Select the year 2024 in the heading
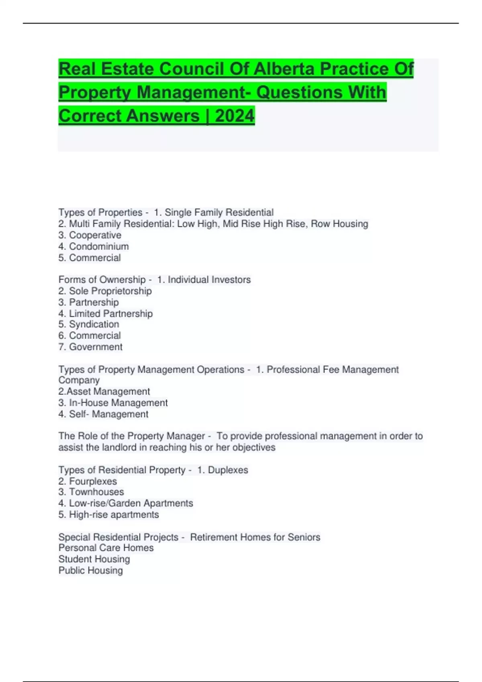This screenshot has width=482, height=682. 235,116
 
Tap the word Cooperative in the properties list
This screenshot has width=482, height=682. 95,235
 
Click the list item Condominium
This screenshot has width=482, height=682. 99,246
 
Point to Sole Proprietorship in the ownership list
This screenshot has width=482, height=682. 110,291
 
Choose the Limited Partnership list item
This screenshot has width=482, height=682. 110,313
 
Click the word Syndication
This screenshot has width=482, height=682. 94,324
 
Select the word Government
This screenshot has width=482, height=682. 96,347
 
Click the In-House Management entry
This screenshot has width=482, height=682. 118,402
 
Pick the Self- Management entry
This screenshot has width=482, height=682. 108,414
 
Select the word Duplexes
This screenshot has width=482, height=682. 228,470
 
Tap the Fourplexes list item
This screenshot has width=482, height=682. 93,481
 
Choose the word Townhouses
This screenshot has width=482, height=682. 96,492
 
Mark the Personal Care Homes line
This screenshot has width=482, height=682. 106,548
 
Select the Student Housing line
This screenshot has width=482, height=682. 94,559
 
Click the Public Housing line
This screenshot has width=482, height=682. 91,570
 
